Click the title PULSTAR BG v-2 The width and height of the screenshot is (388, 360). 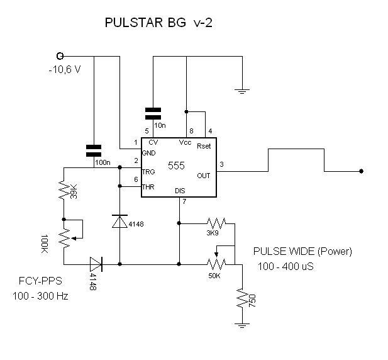point(158,23)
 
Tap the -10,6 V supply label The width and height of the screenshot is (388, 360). point(65,70)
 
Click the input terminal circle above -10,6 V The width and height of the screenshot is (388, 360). point(60,56)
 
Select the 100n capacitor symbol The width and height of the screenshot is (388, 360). point(94,151)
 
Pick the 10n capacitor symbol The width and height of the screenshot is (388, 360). point(153,114)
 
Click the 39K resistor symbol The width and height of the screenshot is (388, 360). point(64,190)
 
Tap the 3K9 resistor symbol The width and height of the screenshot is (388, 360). point(216,223)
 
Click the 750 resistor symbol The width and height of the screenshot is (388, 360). point(242,298)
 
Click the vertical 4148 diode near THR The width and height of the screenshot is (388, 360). point(119,222)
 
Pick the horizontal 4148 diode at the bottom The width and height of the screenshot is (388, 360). point(96,264)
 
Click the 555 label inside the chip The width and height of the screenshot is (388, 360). point(176,166)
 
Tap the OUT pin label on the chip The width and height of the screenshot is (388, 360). point(203,176)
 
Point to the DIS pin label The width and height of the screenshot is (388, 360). point(180,191)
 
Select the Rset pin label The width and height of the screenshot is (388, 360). point(204,146)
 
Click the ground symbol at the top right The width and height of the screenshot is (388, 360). point(242,91)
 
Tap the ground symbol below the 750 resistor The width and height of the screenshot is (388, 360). point(242,325)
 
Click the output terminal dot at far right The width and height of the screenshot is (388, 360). point(362,171)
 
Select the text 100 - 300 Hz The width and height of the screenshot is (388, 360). point(40,296)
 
